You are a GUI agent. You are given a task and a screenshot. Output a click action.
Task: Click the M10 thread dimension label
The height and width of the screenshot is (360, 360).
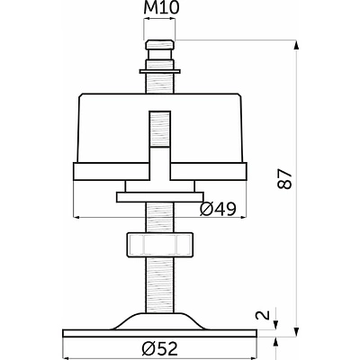(161, 8)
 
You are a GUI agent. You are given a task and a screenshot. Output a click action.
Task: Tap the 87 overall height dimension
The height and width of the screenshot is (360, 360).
(284, 179)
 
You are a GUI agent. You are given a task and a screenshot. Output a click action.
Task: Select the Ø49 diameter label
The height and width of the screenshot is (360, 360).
(218, 209)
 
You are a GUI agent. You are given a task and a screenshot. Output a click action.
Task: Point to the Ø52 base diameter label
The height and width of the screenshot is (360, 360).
(160, 348)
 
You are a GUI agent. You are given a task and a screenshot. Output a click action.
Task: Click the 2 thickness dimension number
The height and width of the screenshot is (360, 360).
(263, 315)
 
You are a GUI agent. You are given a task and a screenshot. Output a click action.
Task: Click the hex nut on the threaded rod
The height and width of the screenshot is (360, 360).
(160, 245)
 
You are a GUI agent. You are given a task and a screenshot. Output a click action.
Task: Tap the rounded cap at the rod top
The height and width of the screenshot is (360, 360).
(159, 45)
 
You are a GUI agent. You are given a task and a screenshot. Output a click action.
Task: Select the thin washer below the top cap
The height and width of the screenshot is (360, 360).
(160, 71)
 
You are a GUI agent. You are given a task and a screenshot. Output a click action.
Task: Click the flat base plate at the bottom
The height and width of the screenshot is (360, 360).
(160, 333)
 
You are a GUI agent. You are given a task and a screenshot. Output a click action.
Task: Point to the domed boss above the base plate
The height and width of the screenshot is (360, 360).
(160, 321)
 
